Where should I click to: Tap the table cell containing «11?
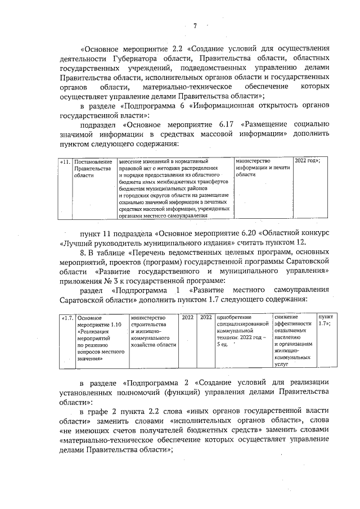point(65,161)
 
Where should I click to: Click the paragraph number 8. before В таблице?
point(84,253)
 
